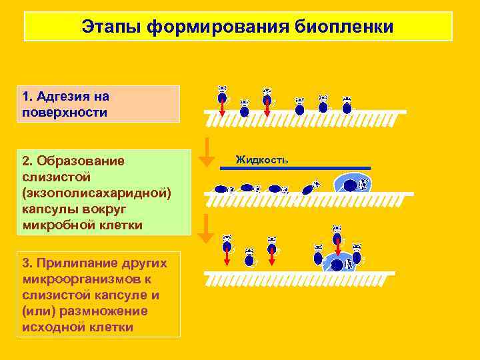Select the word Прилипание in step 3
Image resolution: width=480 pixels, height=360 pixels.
tap(101, 263)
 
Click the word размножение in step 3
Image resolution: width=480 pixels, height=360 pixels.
tap(111, 311)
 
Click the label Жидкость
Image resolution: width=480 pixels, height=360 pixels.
tap(261, 160)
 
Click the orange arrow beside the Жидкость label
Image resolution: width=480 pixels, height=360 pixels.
tap(207, 152)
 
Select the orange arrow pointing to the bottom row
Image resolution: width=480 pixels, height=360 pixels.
tap(207, 229)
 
